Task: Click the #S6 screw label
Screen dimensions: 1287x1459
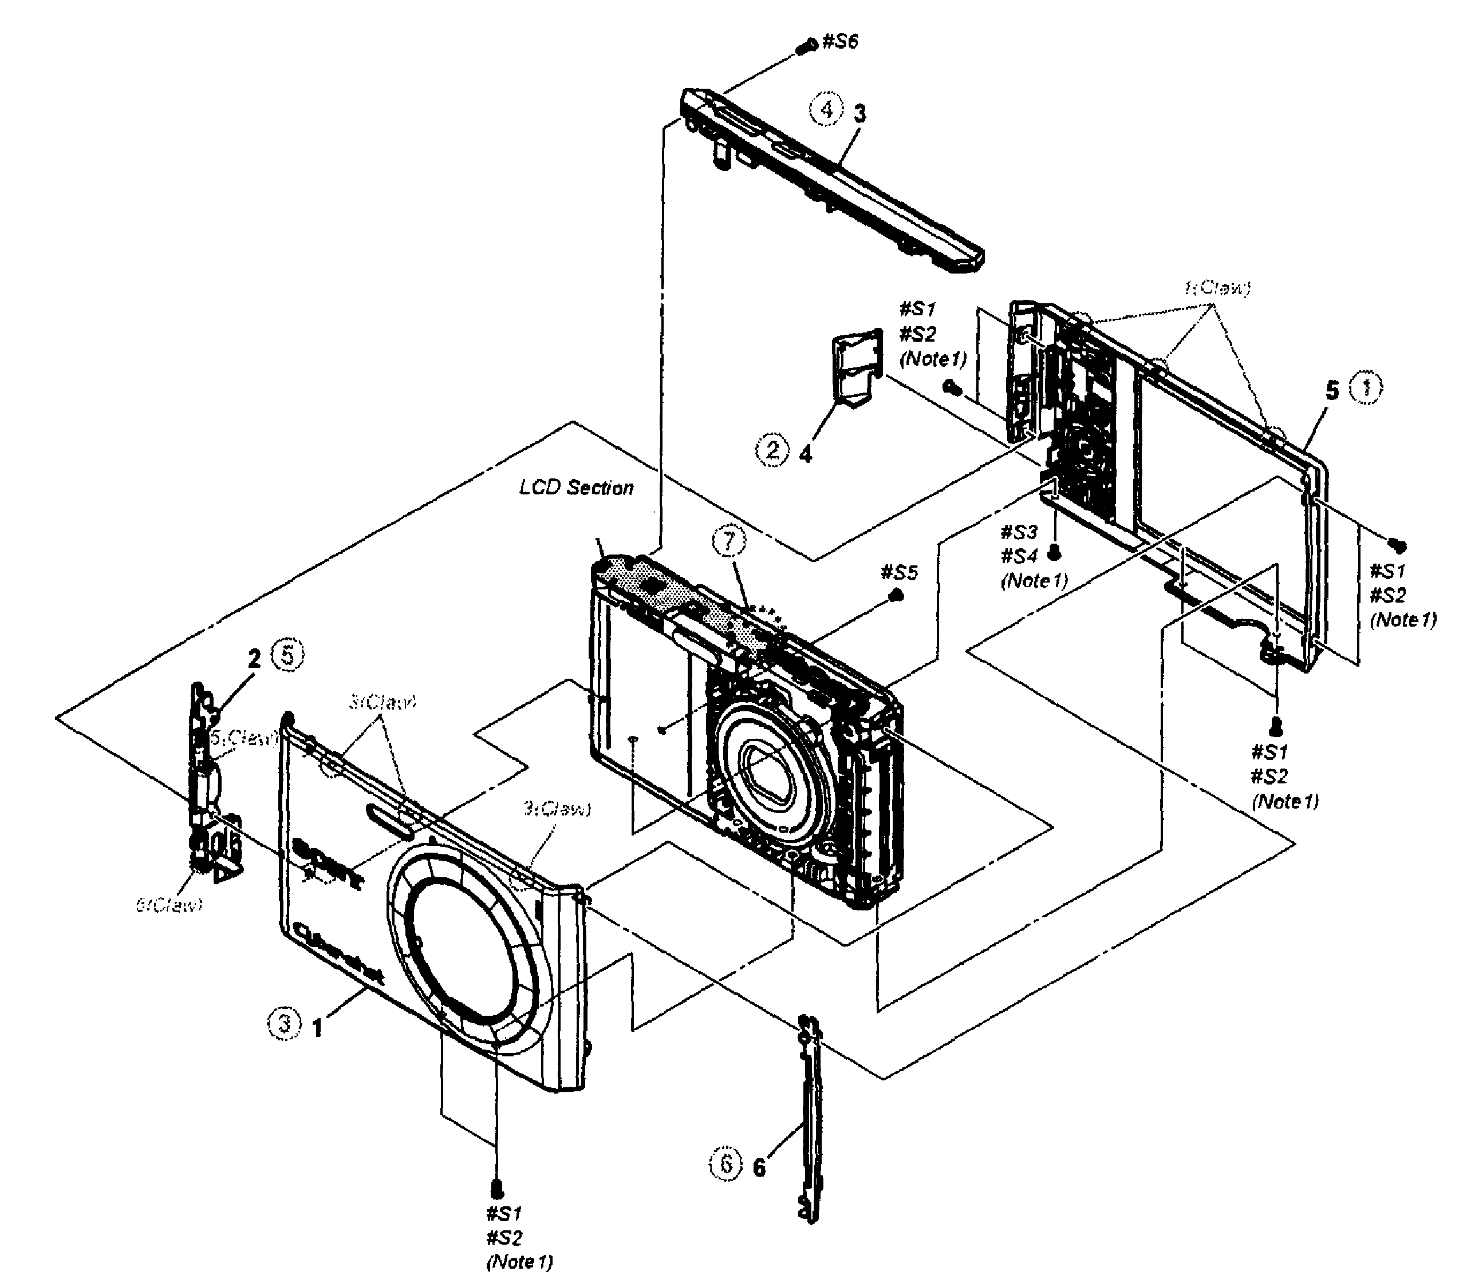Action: tap(840, 41)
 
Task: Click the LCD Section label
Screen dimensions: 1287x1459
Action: tap(576, 488)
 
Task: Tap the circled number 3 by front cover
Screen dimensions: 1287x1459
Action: tap(285, 1024)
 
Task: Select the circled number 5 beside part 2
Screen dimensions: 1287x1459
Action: tap(289, 654)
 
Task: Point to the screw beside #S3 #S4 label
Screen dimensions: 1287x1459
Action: tap(1053, 553)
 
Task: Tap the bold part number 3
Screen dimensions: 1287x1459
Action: tap(859, 113)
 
